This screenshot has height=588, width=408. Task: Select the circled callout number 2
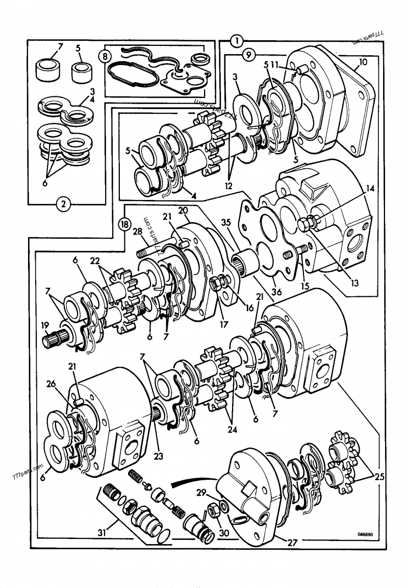tap(63, 205)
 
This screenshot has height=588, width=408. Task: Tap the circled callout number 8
tap(106, 56)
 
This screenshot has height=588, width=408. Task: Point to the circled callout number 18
tap(123, 223)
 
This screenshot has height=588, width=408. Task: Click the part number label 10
tap(363, 61)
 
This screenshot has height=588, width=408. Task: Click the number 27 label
tap(292, 543)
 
